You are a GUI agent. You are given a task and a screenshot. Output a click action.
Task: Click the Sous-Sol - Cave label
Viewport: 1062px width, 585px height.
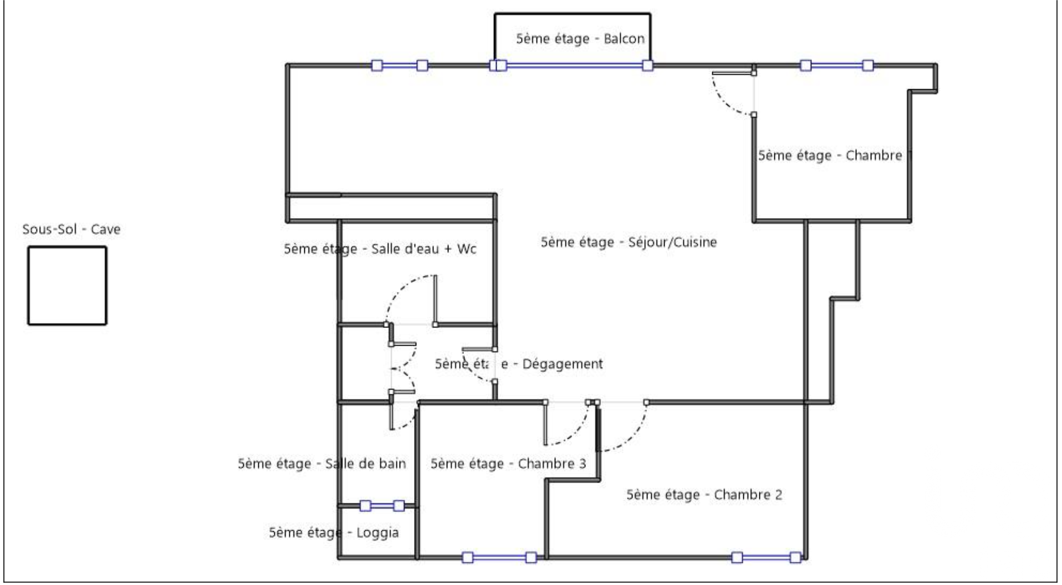tap(71, 229)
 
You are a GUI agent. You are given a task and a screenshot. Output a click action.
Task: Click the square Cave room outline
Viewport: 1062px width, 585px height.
tap(67, 286)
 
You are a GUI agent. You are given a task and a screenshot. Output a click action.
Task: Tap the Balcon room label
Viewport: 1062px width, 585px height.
tap(580, 39)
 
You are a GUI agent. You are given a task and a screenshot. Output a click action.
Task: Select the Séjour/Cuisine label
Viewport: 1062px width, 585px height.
tap(629, 242)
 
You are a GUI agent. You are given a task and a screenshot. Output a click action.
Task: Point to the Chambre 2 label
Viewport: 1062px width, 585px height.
tap(704, 495)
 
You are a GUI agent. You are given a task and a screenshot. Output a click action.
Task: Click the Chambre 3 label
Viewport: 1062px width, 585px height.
tap(508, 464)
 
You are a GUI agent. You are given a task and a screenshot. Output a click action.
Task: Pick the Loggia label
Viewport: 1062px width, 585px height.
tap(334, 533)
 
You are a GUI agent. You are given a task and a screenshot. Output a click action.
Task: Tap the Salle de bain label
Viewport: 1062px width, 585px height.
tap(321, 464)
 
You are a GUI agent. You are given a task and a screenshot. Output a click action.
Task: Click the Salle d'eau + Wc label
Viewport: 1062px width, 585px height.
tap(380, 249)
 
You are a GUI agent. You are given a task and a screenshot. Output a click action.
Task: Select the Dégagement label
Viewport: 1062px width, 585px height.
tap(518, 364)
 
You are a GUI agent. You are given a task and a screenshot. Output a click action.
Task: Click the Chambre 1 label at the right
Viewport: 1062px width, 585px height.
tap(833, 156)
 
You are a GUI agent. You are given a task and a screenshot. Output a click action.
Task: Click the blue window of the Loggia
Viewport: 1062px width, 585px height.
tap(382, 506)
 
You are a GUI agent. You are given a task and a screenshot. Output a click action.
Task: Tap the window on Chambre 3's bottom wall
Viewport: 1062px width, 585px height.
tap(499, 557)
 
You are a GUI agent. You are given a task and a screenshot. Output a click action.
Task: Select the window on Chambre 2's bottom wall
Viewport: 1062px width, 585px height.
tap(766, 557)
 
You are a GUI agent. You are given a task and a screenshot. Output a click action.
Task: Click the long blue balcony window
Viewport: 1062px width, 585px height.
tap(574, 66)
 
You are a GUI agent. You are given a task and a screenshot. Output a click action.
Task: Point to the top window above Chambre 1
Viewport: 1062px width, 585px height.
tap(836, 66)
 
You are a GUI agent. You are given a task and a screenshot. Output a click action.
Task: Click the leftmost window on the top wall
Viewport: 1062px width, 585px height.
tap(399, 66)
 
